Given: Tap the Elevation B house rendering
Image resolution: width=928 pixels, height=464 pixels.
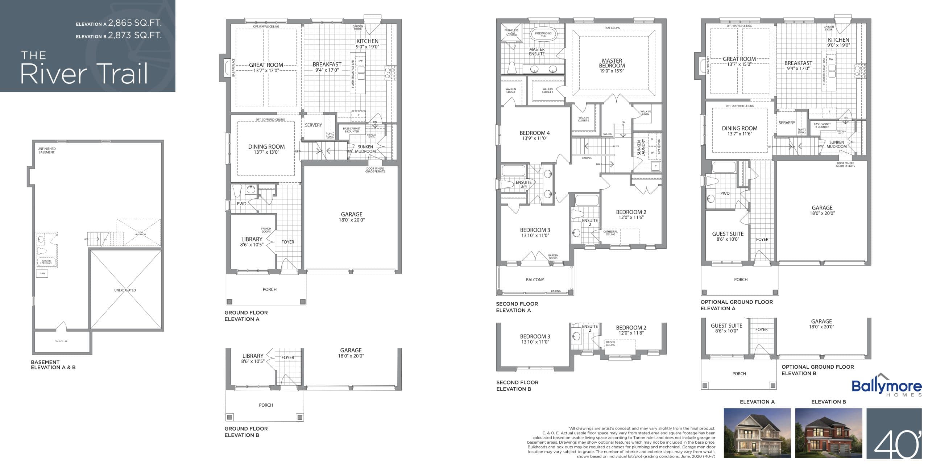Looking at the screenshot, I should click(829, 433).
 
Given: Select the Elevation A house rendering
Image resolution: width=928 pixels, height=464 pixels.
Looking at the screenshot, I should click(757, 433).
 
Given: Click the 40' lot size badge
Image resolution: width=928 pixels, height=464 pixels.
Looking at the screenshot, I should click(894, 434).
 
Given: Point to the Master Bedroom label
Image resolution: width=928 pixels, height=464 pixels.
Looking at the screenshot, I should click(612, 63).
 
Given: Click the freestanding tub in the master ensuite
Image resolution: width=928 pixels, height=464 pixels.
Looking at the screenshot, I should click(543, 35).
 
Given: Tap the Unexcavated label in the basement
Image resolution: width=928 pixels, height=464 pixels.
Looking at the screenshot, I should click(125, 290).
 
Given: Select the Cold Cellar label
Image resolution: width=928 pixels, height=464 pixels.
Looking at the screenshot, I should click(61, 341).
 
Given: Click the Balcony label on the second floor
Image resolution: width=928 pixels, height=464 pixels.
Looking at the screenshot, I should click(535, 280).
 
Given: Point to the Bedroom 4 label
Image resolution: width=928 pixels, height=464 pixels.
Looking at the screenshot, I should click(535, 133).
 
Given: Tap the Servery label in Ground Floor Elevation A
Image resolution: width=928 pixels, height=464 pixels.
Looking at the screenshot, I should click(313, 125).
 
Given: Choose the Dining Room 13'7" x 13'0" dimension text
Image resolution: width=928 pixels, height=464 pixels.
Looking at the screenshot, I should click(266, 152).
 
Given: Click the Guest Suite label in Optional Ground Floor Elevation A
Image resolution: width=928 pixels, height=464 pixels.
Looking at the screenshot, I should click(728, 234).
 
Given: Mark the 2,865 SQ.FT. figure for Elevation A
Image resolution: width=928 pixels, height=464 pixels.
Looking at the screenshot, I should click(135, 23).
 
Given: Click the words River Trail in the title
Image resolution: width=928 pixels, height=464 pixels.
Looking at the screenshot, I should click(84, 74).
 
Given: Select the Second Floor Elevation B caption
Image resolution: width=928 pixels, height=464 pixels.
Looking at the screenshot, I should click(517, 386).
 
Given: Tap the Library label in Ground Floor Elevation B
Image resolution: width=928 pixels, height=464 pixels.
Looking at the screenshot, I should click(253, 356).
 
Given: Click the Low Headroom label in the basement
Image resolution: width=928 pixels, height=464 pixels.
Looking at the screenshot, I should click(140, 233).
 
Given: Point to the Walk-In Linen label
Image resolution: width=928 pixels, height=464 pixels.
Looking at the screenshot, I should click(646, 113).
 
